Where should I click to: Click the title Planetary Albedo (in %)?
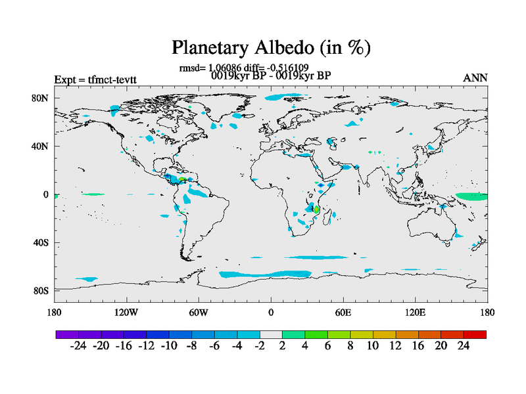tap(271, 47)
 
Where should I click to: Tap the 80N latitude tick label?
tap(40, 98)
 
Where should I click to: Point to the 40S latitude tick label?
tap(41, 242)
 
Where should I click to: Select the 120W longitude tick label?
tap(126, 313)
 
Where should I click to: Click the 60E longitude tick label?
tap(343, 313)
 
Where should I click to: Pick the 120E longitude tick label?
tap(416, 313)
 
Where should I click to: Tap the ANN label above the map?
tap(475, 78)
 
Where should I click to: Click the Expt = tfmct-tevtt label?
tap(95, 79)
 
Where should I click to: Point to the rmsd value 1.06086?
tap(224, 68)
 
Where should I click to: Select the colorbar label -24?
tap(78, 345)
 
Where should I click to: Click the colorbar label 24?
tap(464, 345)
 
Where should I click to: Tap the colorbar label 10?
tap(373, 345)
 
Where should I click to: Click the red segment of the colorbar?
tap(475, 334)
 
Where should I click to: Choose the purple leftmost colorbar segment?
tap(67, 334)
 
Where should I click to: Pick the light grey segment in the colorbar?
tap(271, 334)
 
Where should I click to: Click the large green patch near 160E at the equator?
tap(471, 196)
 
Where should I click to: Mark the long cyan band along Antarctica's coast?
tap(265, 274)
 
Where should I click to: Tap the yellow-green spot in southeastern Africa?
tap(316, 209)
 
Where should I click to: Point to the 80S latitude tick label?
tap(41, 291)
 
